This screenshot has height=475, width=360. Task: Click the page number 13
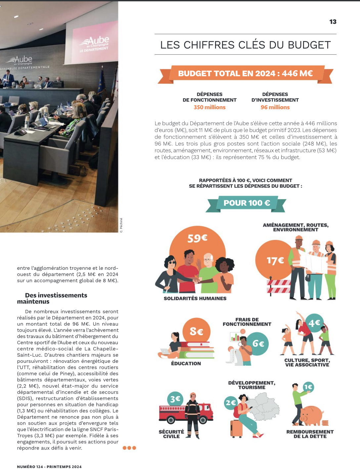click(333, 22)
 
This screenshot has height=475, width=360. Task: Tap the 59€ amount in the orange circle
click(197, 238)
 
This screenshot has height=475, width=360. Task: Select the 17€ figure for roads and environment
click(275, 261)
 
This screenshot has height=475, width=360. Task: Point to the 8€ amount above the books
click(196, 331)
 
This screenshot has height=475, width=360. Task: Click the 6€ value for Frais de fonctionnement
click(258, 344)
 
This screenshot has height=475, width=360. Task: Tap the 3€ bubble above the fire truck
click(175, 399)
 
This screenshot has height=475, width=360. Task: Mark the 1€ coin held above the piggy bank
click(308, 387)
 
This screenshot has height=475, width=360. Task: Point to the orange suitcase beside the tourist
click(236, 428)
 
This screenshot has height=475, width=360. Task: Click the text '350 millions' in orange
click(209, 107)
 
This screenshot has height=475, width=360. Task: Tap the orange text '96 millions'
click(275, 107)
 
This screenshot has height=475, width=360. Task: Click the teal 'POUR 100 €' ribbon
click(247, 203)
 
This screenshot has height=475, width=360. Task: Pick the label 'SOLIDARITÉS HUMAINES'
click(195, 298)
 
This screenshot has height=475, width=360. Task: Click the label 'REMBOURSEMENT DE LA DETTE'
click(310, 434)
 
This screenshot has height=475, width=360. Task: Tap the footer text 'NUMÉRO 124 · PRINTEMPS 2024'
click(49, 467)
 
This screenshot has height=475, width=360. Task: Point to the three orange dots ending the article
click(129, 448)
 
